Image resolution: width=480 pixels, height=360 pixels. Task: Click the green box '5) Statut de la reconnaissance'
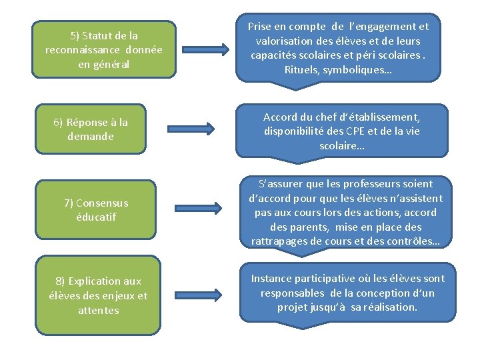point(103,49)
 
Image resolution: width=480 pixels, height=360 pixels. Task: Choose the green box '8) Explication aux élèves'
point(98,295)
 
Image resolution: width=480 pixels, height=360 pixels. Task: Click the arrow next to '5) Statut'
point(206,49)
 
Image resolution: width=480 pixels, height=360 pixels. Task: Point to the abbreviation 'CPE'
point(357,131)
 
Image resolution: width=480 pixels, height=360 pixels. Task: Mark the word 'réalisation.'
point(388,307)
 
